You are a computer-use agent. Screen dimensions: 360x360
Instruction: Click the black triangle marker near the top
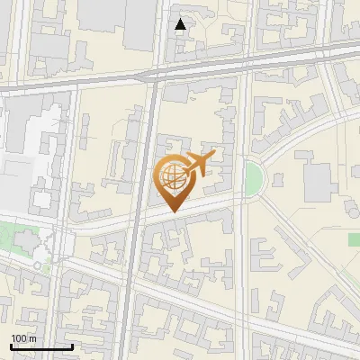[181, 24]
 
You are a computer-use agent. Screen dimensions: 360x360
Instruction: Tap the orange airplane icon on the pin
[199, 164]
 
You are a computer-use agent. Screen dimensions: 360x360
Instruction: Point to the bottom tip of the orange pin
[174, 211]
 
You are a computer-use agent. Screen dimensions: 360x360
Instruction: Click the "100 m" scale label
[23, 337]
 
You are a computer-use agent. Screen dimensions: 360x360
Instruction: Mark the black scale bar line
[41, 346]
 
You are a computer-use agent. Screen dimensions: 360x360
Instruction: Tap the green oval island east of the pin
[254, 178]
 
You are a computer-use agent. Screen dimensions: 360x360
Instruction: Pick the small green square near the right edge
[354, 238]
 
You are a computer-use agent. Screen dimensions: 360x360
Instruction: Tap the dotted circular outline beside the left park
[38, 265]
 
